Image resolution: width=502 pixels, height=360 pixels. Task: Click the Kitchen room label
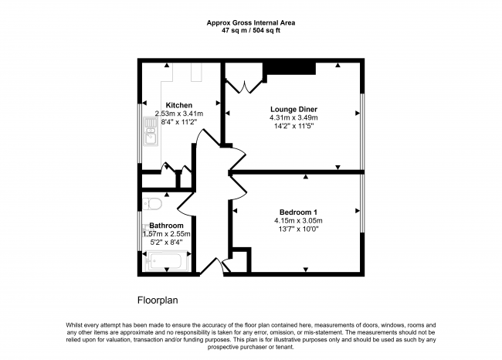(x=178, y=105)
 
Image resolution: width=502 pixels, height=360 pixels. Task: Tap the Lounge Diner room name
(x=293, y=109)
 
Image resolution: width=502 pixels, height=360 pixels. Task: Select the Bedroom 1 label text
(x=298, y=212)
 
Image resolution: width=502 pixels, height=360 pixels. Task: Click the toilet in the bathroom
(x=151, y=203)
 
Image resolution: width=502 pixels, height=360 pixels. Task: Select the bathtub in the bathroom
(x=167, y=263)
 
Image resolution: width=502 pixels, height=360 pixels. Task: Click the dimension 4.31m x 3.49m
(x=293, y=117)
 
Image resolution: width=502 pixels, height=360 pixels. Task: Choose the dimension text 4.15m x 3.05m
(x=298, y=221)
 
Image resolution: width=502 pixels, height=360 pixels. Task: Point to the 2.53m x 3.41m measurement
(x=178, y=114)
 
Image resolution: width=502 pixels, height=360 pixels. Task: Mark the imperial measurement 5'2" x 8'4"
(x=166, y=242)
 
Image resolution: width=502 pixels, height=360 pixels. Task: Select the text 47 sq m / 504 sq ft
(x=250, y=32)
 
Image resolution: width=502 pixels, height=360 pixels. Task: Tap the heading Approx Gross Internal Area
(x=250, y=23)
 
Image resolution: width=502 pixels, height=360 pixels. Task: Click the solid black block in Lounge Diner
(x=290, y=69)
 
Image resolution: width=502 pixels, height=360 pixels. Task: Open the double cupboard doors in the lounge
(x=245, y=86)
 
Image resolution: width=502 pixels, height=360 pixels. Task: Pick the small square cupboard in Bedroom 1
(x=241, y=259)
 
